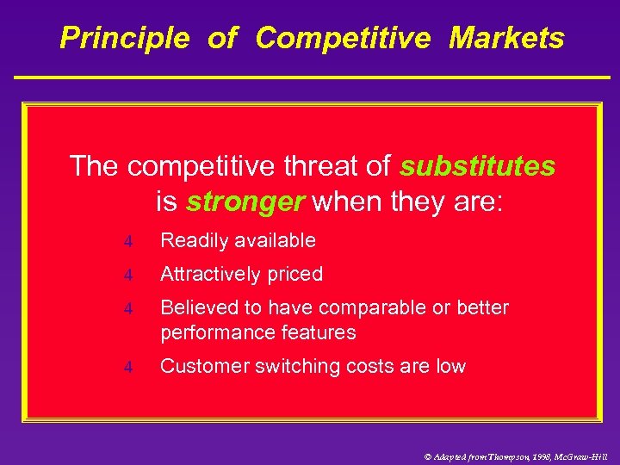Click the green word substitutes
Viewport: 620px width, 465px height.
coord(477,165)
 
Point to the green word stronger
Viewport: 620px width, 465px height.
coord(245,201)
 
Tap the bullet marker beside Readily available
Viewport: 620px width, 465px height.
coord(127,242)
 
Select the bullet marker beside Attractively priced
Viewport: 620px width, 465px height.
coord(127,276)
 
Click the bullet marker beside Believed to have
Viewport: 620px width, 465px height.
coord(127,309)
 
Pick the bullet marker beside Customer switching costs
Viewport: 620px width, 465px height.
coord(127,368)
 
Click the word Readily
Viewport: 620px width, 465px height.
coord(195,241)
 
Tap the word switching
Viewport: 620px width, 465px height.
coord(298,367)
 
